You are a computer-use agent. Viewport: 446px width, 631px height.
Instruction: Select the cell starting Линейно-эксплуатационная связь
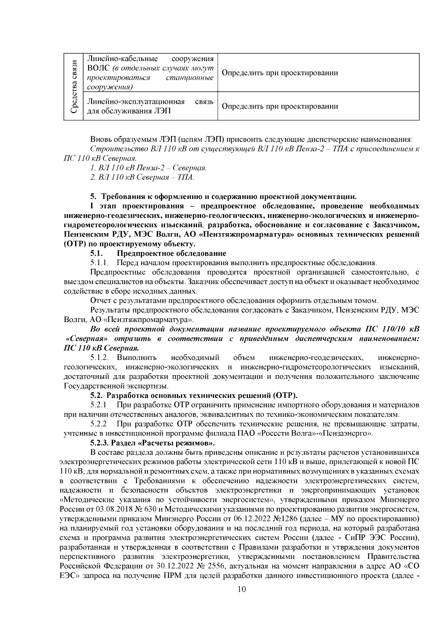pyautogui.click(x=150, y=106)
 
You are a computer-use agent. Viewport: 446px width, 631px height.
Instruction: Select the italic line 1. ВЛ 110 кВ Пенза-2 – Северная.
pyautogui.click(x=149, y=168)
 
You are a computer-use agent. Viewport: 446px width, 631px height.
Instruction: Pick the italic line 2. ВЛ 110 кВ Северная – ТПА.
pyautogui.click(x=142, y=177)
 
